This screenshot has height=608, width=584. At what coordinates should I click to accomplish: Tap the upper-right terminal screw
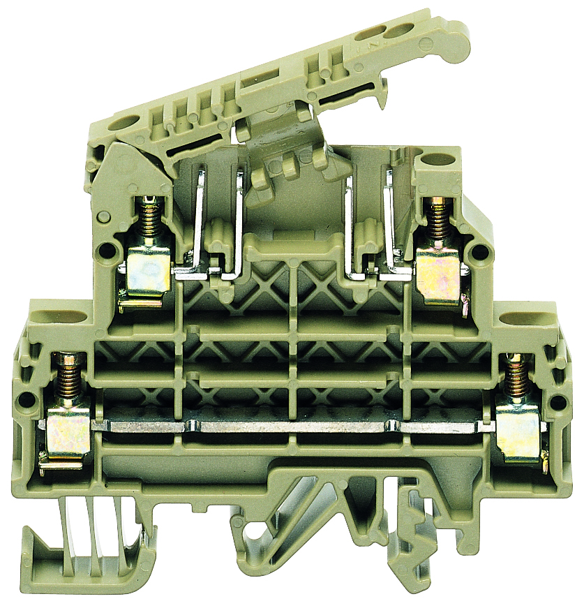439,219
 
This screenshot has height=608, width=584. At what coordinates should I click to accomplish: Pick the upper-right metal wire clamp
440,275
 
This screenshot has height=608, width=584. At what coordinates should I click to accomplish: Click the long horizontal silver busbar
293,426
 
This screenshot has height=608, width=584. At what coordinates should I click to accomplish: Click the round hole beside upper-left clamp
105,249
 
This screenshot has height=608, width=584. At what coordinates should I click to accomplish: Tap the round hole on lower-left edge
27,400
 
